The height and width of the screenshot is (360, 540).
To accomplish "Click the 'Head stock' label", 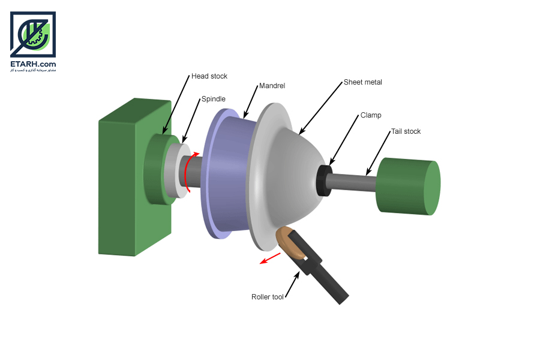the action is pos(209,76).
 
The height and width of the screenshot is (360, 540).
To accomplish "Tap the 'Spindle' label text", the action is pos(213,99).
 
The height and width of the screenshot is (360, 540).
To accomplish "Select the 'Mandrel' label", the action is pos(272,86).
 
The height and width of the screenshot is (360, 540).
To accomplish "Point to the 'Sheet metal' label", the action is pos(362,82).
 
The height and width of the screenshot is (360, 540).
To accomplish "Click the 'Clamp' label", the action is pos(371,115).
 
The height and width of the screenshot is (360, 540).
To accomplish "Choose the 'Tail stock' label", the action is pos(406,131).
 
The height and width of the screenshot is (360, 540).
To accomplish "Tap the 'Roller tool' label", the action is pos(267,297).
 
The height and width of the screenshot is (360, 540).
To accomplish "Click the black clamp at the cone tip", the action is pos(324,181).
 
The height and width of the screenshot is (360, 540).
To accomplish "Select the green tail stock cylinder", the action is pos(408,186).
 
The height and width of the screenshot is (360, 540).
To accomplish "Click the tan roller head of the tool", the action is pos(292,244).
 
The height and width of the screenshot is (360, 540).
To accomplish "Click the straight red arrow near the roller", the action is pos(270,259).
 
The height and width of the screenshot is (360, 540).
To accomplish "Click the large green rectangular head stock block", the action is pos(134,178).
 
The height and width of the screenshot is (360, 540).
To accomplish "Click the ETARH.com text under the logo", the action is pos(33,64).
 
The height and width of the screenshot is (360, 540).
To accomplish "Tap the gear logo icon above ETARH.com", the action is pos(33,34).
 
